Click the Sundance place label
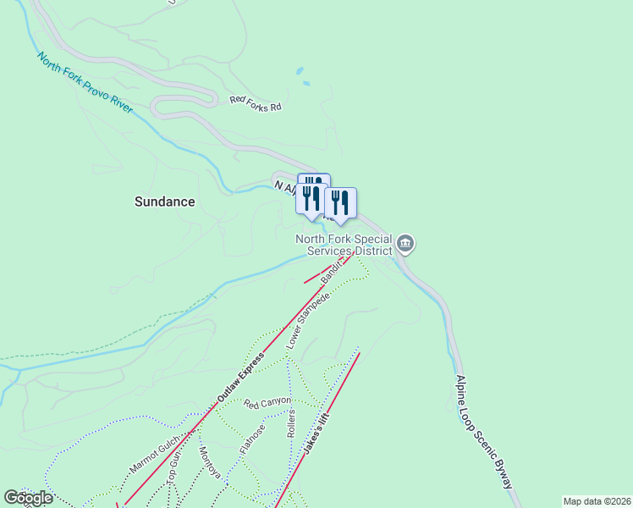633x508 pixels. click(x=165, y=202)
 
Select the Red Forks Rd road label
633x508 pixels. click(x=255, y=100)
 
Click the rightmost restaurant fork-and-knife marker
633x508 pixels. click(x=339, y=202)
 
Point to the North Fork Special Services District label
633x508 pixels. click(x=344, y=245)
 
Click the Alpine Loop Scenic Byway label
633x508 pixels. click(x=483, y=432)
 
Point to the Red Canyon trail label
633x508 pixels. click(x=267, y=401)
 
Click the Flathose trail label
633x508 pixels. click(x=252, y=439)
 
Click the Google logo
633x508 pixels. click(x=28, y=498)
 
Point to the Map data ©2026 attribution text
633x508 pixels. click(x=597, y=501)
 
